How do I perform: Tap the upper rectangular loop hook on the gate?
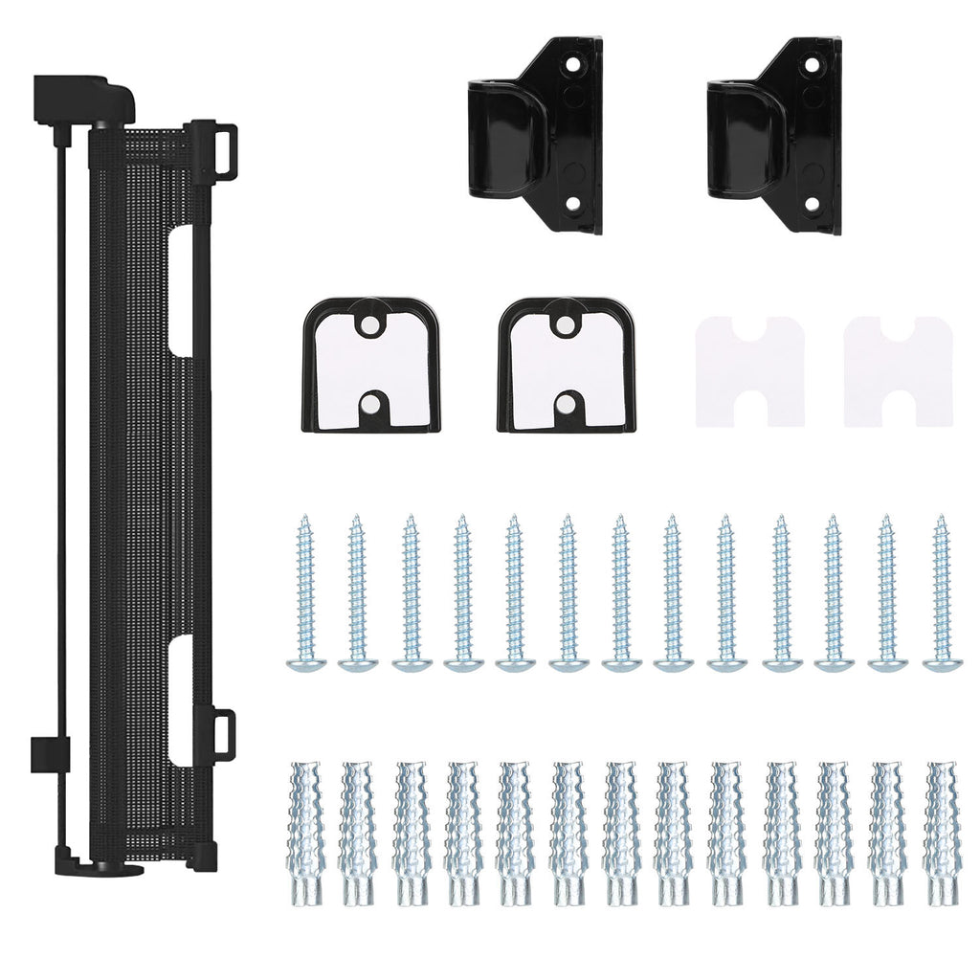click(223, 148)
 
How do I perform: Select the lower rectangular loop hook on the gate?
click(223, 735)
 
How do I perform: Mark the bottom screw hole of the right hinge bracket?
click(812, 203)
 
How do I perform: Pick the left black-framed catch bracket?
click(371, 366)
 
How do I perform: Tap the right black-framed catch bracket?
click(567, 366)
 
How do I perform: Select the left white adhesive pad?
click(749, 371)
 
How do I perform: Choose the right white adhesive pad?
click(898, 371)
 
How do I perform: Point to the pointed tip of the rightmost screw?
click(939, 520)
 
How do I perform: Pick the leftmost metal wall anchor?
click(306, 833)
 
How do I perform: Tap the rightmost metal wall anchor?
click(942, 833)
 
